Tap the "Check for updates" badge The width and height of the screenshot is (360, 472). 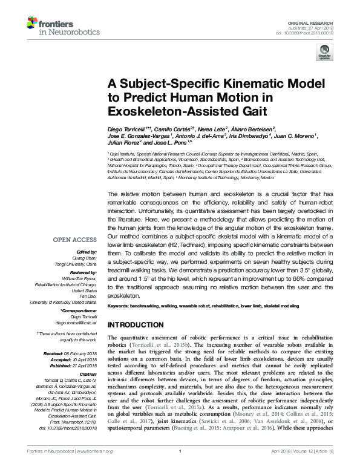(324, 55)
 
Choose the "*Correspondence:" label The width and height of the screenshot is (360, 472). (79, 310)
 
